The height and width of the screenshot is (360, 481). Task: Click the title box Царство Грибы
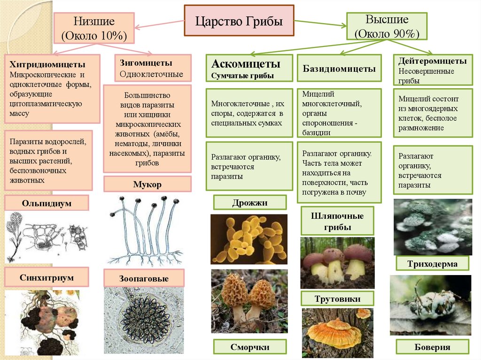239,21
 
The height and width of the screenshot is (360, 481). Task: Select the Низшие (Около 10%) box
93,28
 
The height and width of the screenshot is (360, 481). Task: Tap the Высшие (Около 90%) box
387,26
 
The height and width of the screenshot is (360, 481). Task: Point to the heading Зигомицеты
145,63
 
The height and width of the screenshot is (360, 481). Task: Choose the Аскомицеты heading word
246,64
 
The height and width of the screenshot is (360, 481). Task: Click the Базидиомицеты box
339,69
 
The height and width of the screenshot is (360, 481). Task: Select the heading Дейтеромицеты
432,61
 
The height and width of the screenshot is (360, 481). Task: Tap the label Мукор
147,184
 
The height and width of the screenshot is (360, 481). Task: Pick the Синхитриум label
47,278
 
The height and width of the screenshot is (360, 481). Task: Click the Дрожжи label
249,203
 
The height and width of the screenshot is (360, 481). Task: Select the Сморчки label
249,347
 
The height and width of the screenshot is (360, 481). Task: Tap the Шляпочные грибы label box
338,222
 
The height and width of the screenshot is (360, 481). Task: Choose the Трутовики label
338,299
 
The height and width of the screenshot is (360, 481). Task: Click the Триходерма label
432,264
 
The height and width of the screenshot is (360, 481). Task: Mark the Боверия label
432,347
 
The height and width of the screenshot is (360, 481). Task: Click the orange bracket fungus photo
337,331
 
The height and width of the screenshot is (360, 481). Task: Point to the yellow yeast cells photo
248,239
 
